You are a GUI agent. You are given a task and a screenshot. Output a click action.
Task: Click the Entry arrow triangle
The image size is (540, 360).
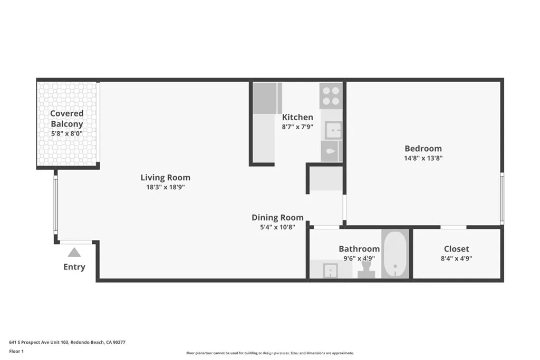pos(74,252)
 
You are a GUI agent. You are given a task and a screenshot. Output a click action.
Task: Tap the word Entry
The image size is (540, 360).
pos(74,267)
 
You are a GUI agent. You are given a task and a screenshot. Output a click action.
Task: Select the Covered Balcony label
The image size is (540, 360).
pos(67,119)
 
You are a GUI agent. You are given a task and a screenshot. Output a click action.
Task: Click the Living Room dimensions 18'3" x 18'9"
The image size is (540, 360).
pos(166,187)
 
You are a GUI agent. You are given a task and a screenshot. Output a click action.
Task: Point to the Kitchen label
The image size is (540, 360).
pos(297,117)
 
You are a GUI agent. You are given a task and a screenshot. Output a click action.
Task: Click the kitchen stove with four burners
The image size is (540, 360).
pos(331,95)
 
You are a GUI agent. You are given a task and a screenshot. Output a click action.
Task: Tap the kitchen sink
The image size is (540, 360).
pos(332,130)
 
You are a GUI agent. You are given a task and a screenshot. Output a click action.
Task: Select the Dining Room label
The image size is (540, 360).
pos(277,217)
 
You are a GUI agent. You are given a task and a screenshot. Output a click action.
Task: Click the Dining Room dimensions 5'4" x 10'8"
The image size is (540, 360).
pos(277,227)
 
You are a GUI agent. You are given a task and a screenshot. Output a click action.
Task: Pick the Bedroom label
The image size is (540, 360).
pos(423,148)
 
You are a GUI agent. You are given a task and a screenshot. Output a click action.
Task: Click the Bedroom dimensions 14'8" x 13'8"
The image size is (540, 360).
pos(423,158)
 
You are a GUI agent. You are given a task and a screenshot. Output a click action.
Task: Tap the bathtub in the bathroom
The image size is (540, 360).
pos(395,255)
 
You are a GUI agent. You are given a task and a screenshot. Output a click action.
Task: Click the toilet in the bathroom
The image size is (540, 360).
pos(366,269)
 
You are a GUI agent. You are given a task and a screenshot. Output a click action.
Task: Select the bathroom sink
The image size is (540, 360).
pos(330,270)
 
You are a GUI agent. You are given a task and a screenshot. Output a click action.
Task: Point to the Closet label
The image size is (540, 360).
pos(456,249)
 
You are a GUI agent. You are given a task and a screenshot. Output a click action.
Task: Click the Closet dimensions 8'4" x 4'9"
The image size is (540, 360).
pos(456,258)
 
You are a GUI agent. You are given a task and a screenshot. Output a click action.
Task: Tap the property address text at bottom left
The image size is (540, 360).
pos(67,342)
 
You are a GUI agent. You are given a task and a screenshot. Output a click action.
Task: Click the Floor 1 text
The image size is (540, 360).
pos(17,351)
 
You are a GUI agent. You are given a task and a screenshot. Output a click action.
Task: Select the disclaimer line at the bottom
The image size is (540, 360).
pos(269,353)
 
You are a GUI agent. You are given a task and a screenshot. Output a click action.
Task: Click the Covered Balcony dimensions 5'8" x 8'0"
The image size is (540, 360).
pos(67,134)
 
